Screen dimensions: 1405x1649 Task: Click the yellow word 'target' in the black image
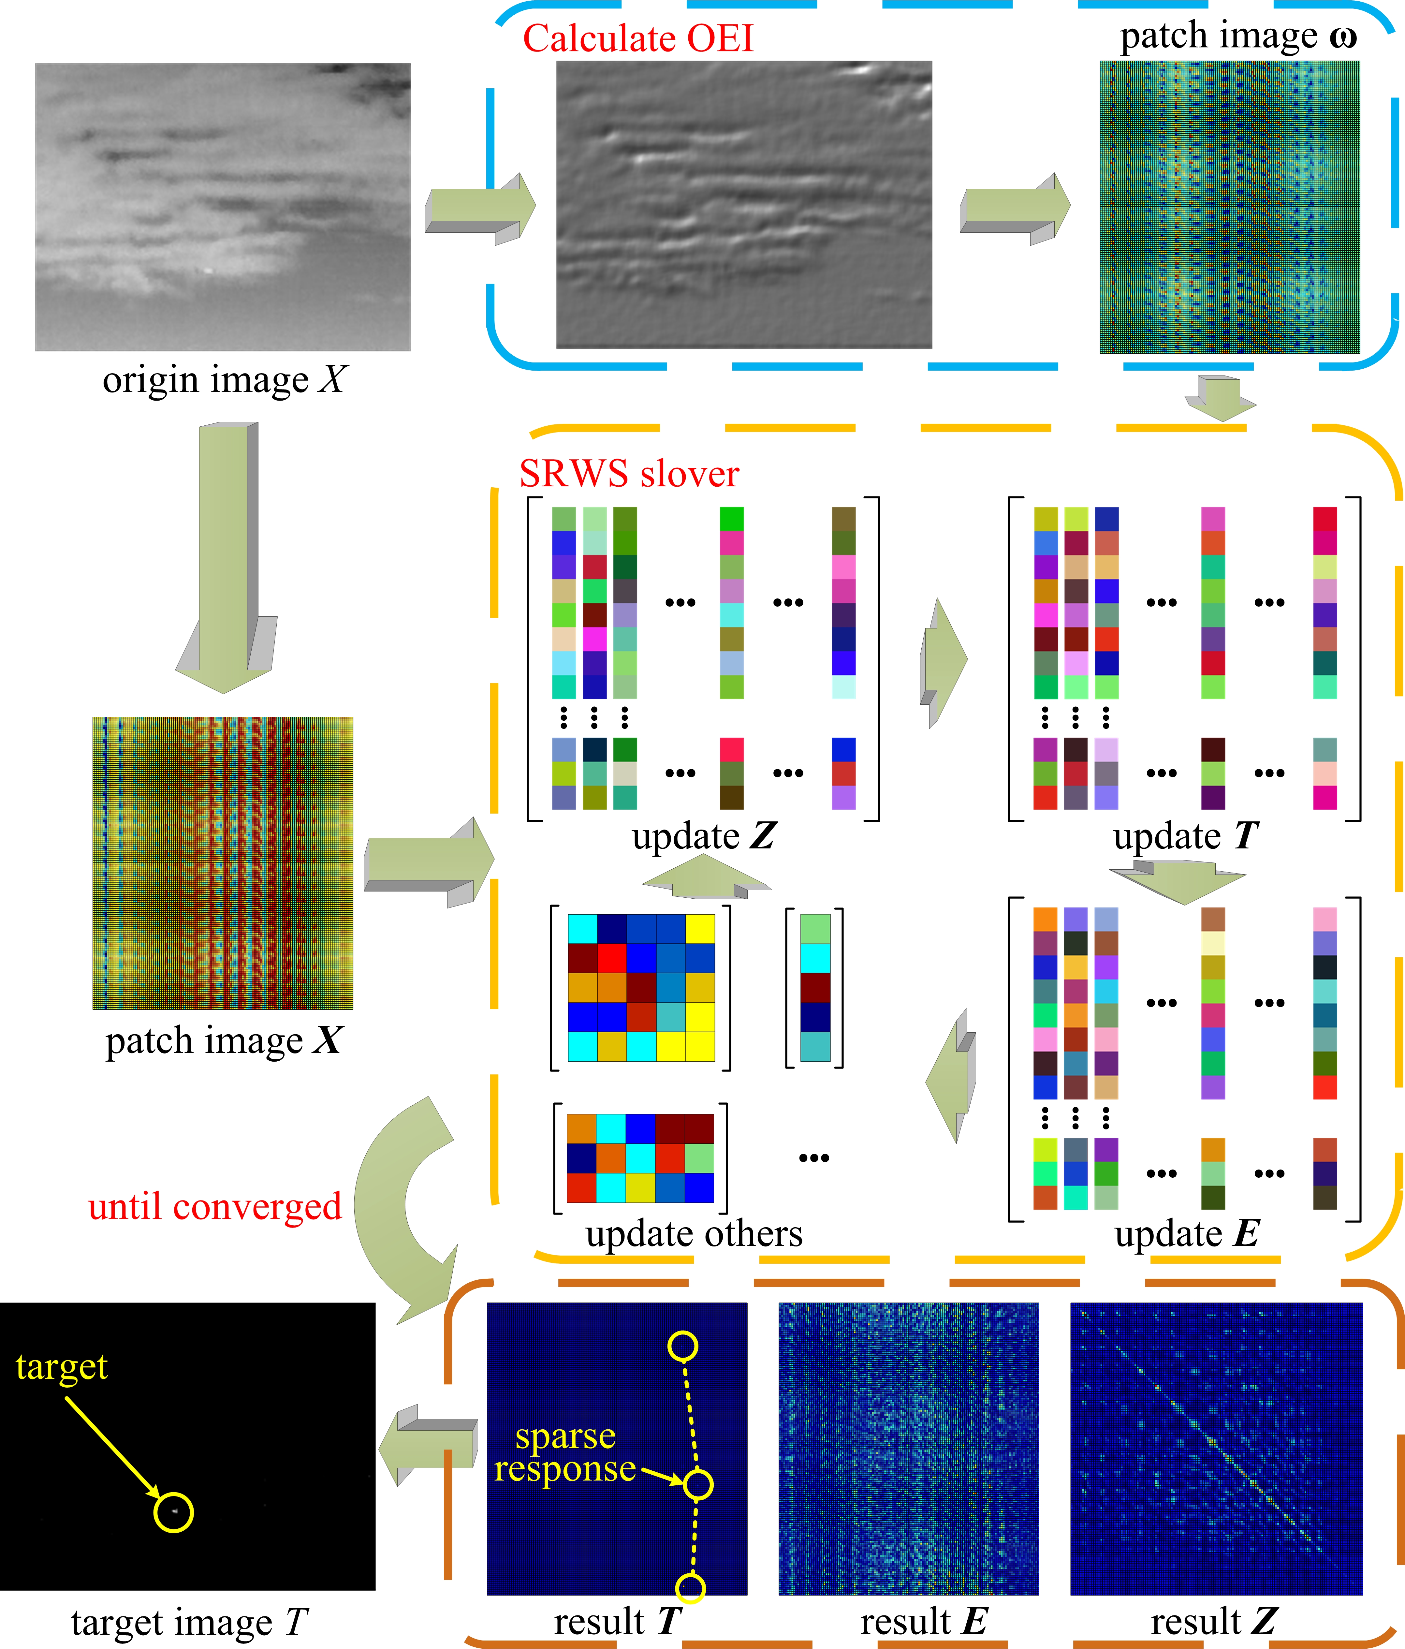[x=61, y=1366]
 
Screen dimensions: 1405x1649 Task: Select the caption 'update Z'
[x=703, y=836]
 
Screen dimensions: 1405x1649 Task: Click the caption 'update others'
[x=694, y=1233]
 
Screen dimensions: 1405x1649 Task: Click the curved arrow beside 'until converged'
[x=398, y=1202]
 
